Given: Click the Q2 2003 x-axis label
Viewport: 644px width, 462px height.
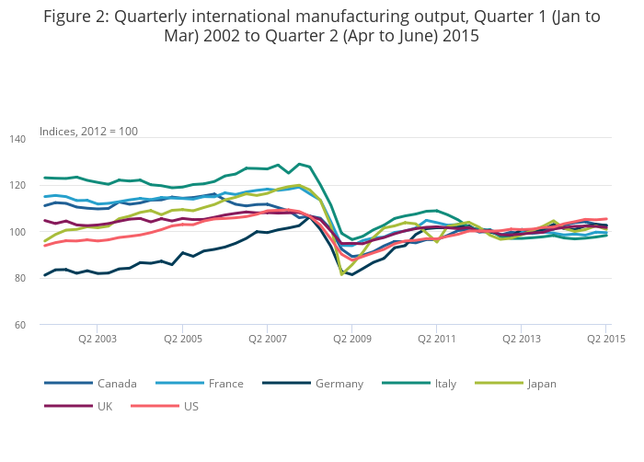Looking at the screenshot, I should [97, 340].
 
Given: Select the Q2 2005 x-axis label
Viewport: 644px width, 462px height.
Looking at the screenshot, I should [182, 340].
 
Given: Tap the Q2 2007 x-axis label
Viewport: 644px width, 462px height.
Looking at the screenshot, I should [267, 340].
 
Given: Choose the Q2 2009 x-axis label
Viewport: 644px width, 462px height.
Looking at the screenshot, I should [351, 340].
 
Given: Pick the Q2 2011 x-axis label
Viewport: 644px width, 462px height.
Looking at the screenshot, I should [437, 340].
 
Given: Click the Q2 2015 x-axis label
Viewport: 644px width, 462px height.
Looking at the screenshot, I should [606, 340].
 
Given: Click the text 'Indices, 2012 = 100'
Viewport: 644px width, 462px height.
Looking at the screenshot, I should [89, 132].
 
